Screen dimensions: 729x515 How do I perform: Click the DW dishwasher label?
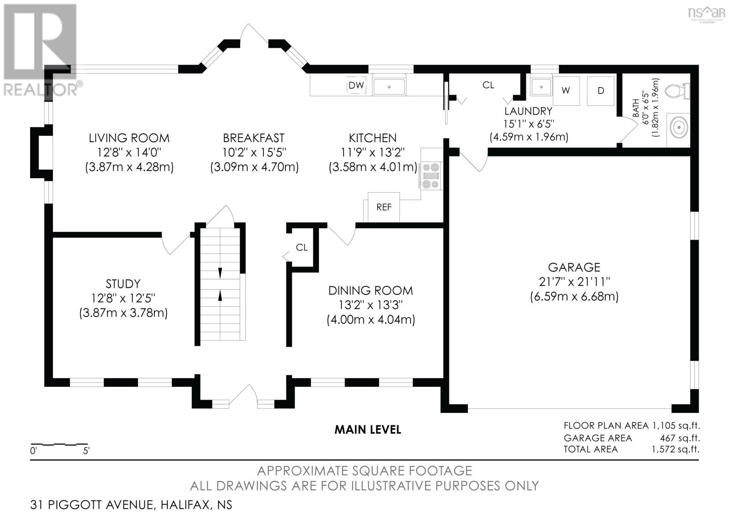356,86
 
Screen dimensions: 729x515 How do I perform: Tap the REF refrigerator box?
384,207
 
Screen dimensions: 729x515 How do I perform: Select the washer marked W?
566,91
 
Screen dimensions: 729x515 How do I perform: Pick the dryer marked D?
601,91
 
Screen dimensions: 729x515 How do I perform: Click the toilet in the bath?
677,91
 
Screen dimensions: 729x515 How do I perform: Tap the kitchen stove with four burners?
431,176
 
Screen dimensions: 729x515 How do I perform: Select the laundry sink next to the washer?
541,87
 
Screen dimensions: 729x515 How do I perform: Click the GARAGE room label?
574,267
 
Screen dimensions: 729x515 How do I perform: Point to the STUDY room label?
123,284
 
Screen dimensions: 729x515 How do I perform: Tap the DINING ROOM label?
371,290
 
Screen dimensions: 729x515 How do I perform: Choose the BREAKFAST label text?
254,138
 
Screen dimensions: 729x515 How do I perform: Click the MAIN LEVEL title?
368,430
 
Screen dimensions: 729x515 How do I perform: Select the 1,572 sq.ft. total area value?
675,449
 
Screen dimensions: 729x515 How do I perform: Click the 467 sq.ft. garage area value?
680,438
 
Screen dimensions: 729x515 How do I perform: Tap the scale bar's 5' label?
86,451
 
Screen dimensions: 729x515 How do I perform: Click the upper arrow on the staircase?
220,273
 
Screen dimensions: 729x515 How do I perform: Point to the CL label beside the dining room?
302,248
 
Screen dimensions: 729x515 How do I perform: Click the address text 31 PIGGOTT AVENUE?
92,505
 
